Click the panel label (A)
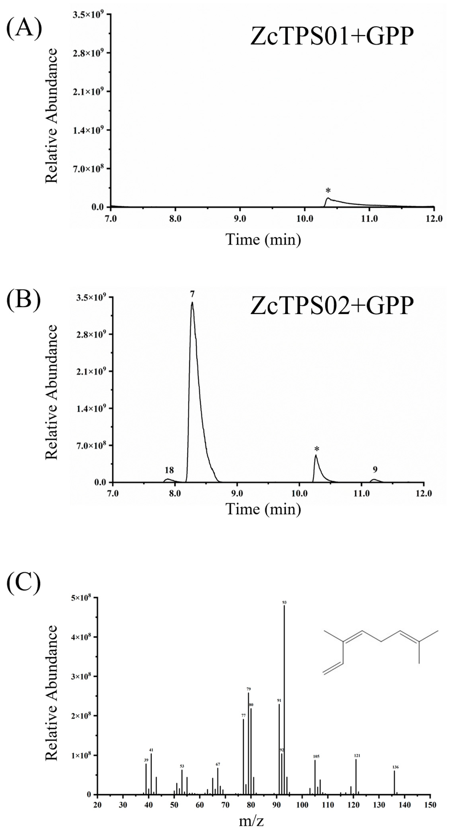pyautogui.click(x=24, y=29)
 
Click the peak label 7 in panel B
pyautogui.click(x=192, y=294)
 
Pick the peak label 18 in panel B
pyautogui.click(x=169, y=470)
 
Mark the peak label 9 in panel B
pyautogui.click(x=375, y=469)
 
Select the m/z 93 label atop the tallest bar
pyautogui.click(x=284, y=602)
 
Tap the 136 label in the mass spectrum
pyautogui.click(x=395, y=767)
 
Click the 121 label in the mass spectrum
pyautogui.click(x=357, y=756)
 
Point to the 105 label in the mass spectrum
pyautogui.click(x=316, y=757)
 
